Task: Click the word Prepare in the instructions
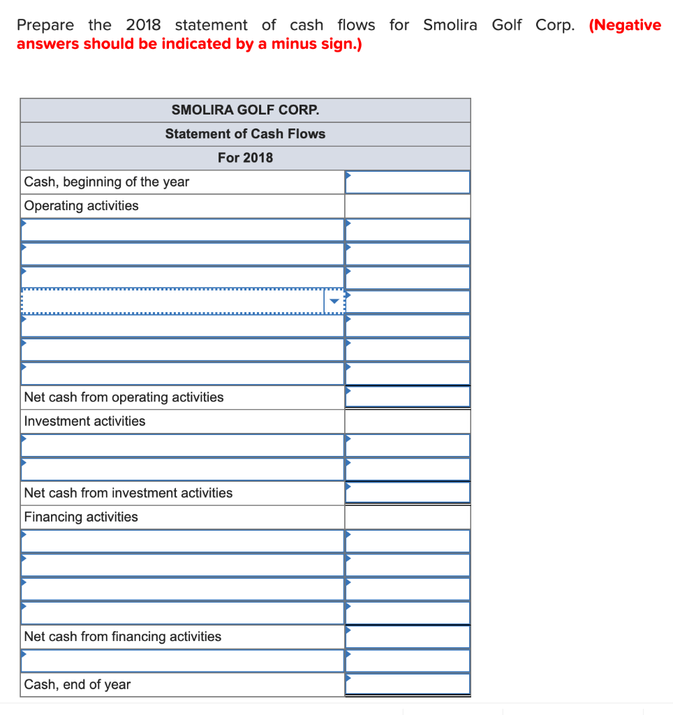45,25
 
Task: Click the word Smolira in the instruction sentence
450,25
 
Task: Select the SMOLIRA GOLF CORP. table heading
245,110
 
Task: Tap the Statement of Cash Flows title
245,134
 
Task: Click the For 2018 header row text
245,158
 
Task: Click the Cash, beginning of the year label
107,182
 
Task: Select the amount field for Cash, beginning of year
408,182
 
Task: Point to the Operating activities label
82,206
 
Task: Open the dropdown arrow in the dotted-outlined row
334,302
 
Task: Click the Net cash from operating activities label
124,397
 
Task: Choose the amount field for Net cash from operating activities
408,397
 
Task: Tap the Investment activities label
85,421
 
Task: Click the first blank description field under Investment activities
182,445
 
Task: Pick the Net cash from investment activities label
128,493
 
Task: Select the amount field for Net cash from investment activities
408,493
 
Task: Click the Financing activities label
81,517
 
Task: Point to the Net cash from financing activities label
123,637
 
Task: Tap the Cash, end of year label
77,685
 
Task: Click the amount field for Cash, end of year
408,685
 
